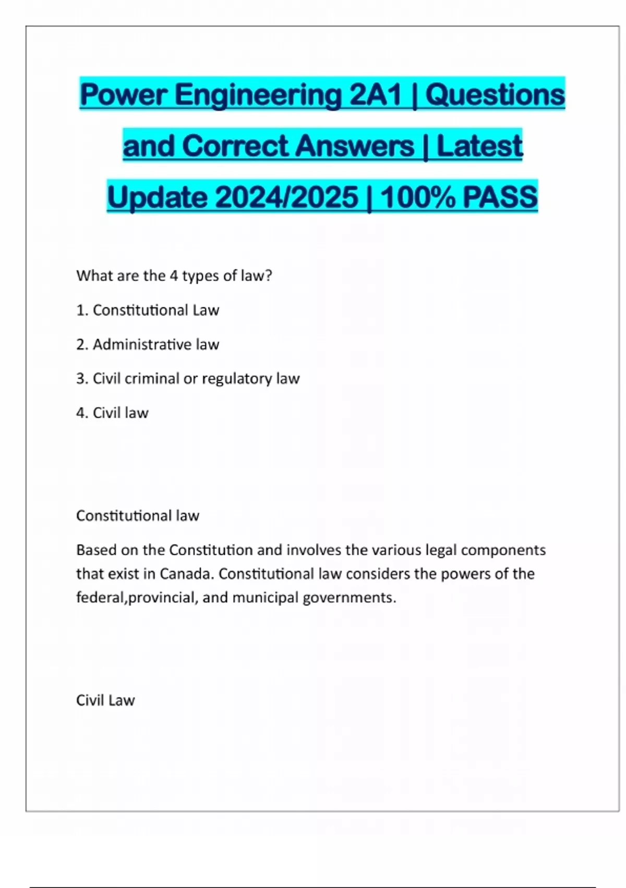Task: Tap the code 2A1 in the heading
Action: [x=375, y=95]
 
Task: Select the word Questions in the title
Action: [x=495, y=95]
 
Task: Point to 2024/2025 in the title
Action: [x=286, y=197]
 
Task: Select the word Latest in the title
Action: [x=479, y=146]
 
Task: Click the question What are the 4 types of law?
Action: [x=174, y=276]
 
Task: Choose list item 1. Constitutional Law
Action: [x=148, y=310]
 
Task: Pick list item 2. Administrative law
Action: [x=148, y=345]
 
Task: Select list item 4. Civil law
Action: [x=112, y=413]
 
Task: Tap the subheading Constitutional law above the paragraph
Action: [x=138, y=516]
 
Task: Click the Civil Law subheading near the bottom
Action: [x=105, y=700]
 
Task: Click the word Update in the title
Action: [x=157, y=197]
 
